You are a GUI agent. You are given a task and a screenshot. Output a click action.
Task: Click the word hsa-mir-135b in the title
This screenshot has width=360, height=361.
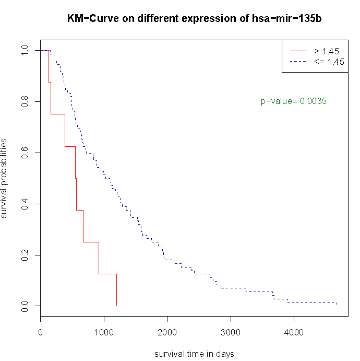(291, 19)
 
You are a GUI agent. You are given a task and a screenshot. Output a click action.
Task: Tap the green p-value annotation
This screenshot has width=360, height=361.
(294, 101)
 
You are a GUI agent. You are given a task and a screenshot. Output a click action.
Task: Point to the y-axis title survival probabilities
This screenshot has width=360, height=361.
(5, 178)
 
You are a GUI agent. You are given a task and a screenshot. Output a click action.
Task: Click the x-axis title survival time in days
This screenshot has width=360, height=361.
(194, 354)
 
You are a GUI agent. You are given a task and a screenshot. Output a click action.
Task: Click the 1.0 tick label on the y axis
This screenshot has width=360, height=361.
(24, 51)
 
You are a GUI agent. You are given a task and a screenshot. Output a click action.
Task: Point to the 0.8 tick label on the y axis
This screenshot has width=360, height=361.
(24, 101)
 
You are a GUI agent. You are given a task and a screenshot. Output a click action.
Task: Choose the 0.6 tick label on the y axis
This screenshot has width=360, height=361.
(24, 153)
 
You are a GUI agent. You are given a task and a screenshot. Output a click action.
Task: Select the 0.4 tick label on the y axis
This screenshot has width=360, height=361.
(24, 203)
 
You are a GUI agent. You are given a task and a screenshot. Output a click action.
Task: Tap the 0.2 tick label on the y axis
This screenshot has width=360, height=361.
(24, 254)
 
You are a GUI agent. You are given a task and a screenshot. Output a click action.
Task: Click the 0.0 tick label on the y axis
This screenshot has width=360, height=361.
(24, 306)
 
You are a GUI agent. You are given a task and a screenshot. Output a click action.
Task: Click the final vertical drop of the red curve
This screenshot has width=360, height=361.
(116, 290)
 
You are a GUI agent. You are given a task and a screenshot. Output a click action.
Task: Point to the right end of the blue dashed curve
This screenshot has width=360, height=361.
(337, 303)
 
